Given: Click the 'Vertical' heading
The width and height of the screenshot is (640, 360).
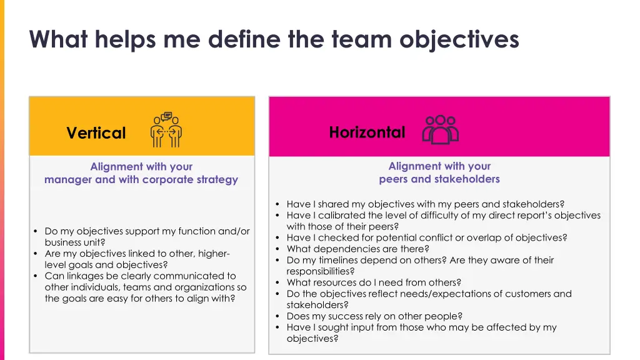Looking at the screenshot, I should [x=96, y=133].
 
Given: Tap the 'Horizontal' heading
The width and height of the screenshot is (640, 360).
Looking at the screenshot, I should [x=367, y=132].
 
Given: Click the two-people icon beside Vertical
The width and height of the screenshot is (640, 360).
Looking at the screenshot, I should [x=166, y=130].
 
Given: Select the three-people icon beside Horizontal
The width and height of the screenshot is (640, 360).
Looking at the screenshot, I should [x=441, y=129].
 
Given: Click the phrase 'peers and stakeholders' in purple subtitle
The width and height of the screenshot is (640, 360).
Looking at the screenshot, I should [x=439, y=179].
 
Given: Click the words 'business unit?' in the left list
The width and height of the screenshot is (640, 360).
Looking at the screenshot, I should [x=74, y=242].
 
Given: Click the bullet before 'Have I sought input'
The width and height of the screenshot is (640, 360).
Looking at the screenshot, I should [x=277, y=328].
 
